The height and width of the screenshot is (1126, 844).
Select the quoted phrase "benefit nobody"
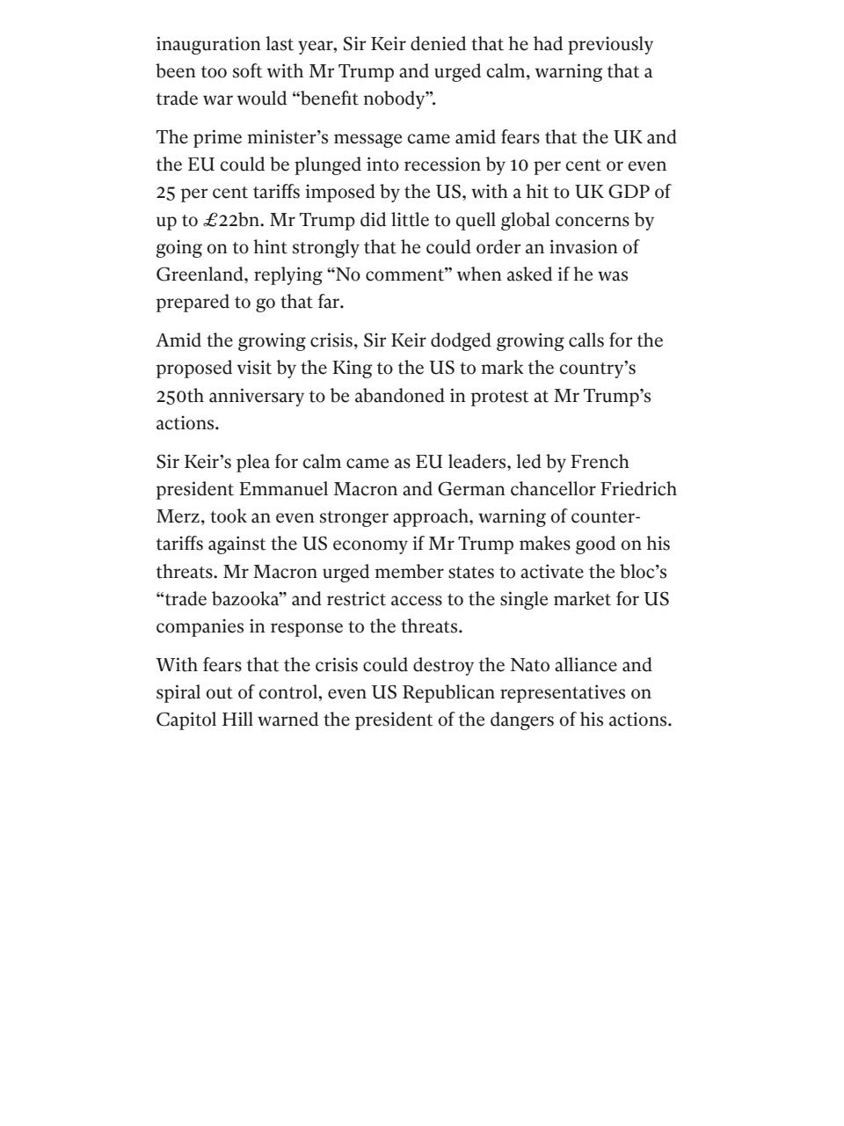pyautogui.click(x=363, y=99)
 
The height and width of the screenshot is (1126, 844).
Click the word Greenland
pyautogui.click(x=200, y=274)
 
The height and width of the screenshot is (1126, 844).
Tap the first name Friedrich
pyautogui.click(x=638, y=489)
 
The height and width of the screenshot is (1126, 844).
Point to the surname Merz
pyautogui.click(x=178, y=516)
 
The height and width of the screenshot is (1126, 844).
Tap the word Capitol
pyautogui.click(x=185, y=720)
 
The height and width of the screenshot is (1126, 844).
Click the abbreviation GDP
pyautogui.click(x=629, y=192)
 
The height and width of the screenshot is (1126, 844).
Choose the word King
pyautogui.click(x=352, y=368)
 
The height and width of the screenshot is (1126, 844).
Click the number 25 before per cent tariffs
pyautogui.click(x=166, y=192)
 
